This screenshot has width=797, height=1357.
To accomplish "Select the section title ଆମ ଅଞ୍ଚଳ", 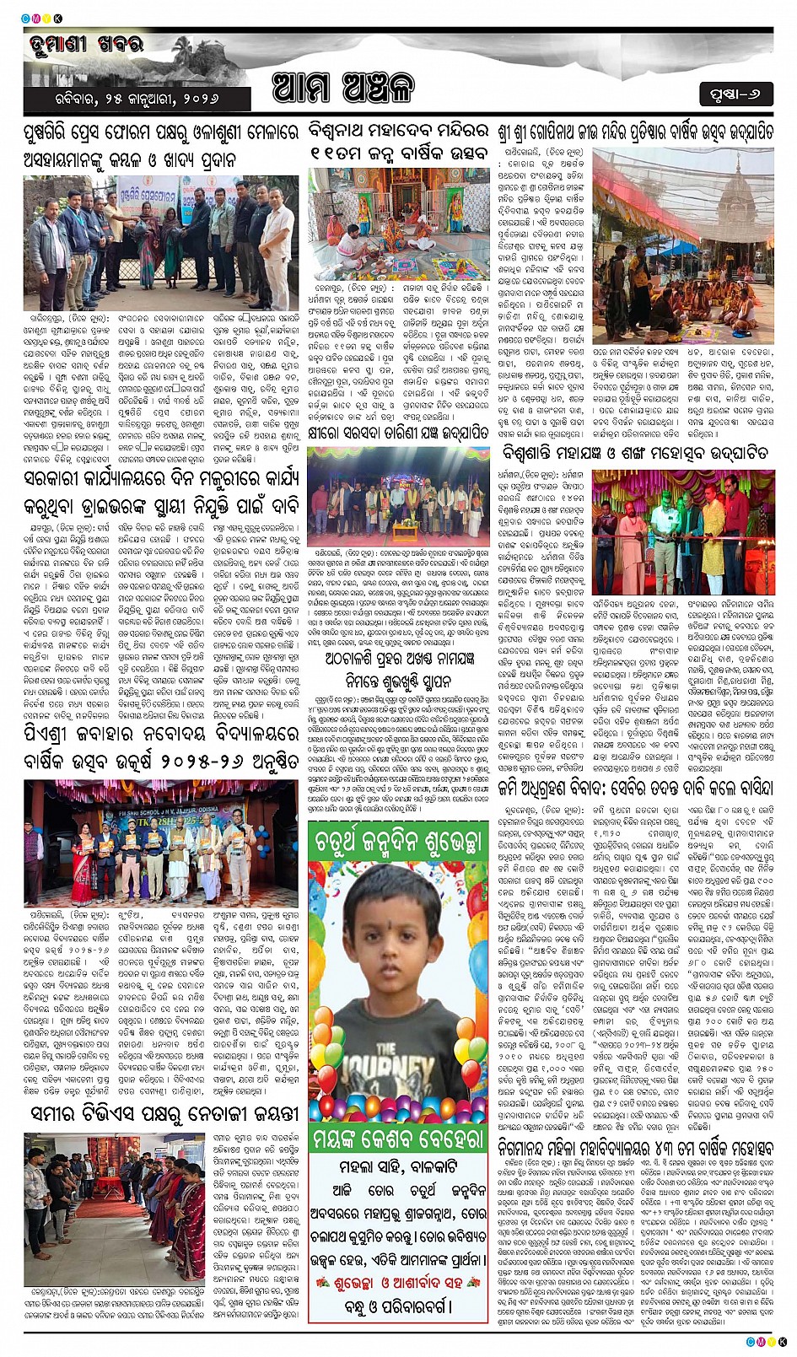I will click(x=343, y=88).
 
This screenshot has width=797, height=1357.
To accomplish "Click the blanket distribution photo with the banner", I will click(x=160, y=242).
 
